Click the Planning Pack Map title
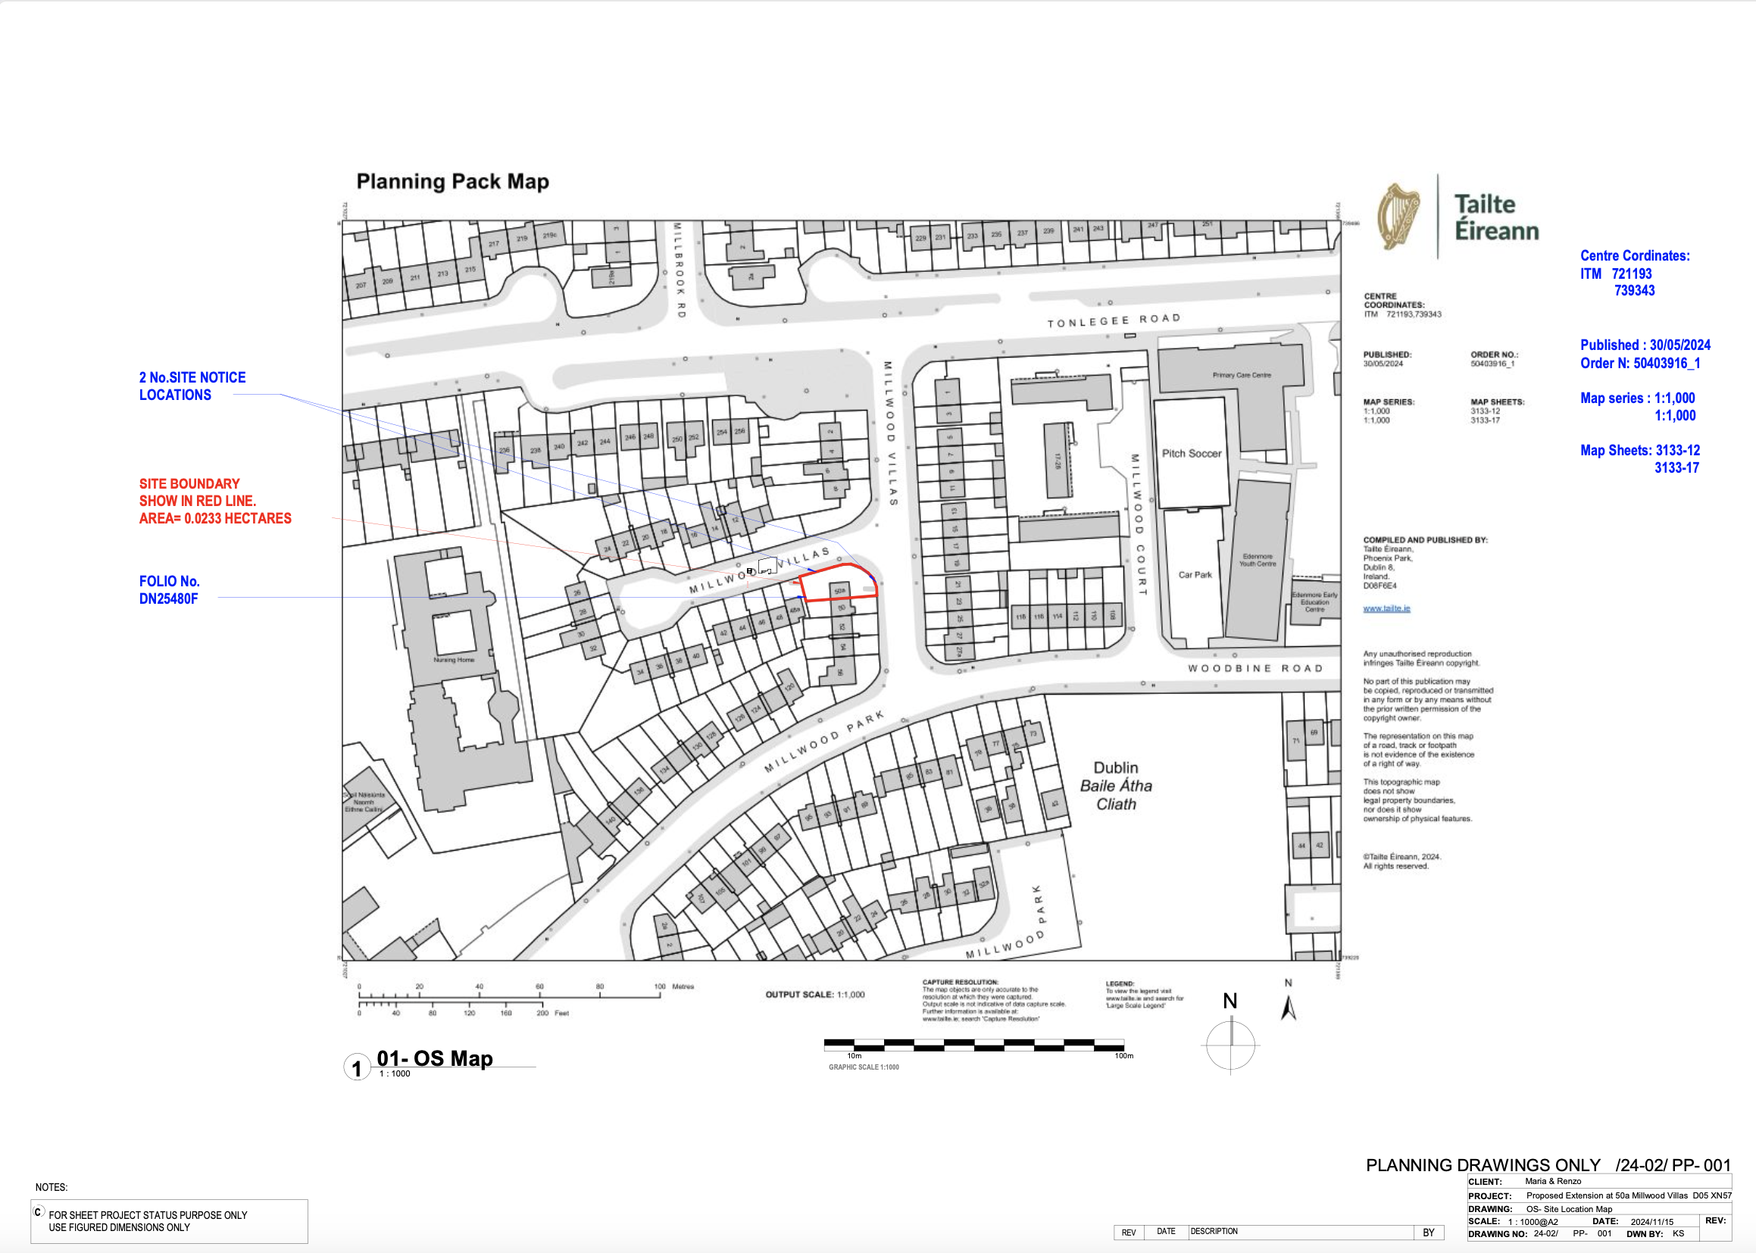(452, 182)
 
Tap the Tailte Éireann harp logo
(1399, 217)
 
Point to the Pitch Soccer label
(1191, 454)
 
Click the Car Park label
(1195, 575)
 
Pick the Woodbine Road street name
(1255, 668)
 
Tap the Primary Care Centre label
(1242, 375)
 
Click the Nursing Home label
(454, 660)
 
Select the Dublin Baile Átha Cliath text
(1116, 786)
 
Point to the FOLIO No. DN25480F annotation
(169, 590)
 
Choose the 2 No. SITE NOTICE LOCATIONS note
(192, 386)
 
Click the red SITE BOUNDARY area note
(214, 501)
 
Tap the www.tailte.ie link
(1386, 609)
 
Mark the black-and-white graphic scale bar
(973, 1045)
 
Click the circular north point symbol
(1230, 1045)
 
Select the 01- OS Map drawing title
(434, 1058)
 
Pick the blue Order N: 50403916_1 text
(1639, 364)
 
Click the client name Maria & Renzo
(1552, 1181)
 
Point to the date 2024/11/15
(1652, 1221)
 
